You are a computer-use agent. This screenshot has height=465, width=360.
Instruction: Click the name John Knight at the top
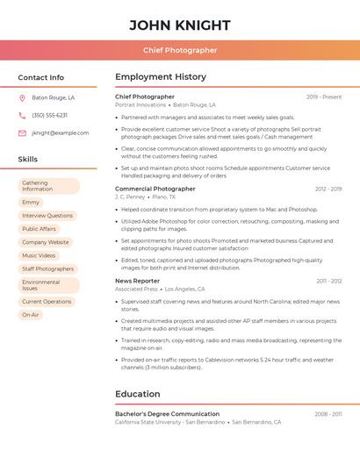(179, 25)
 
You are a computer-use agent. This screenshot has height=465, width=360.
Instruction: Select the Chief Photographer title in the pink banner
(179, 50)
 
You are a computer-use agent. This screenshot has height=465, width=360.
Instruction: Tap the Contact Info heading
(40, 77)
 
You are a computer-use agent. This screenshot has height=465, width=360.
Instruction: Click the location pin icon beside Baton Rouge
(22, 98)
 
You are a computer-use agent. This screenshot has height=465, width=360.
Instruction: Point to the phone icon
(22, 116)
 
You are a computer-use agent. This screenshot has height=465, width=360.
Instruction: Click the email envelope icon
(22, 133)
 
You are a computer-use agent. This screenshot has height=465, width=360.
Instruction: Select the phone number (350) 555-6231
(49, 116)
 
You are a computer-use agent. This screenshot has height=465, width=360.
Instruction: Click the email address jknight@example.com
(60, 133)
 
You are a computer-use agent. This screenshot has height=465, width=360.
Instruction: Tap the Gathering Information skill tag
(48, 186)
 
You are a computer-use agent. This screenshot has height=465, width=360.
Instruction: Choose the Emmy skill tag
(31, 203)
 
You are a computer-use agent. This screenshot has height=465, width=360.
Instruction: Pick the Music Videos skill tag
(39, 255)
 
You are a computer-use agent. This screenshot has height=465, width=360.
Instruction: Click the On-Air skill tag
(31, 314)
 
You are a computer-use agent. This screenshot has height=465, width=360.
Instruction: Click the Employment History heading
(161, 77)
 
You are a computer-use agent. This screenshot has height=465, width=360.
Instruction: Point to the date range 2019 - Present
(324, 97)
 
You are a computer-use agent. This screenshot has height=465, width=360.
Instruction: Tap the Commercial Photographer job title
(155, 189)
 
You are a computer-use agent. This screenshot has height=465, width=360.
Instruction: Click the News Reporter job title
(137, 281)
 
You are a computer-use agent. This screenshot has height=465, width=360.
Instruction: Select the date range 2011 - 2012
(328, 281)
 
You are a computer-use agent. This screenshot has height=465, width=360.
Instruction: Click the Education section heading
(138, 394)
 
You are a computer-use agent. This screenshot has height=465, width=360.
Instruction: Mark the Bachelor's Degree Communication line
(167, 413)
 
